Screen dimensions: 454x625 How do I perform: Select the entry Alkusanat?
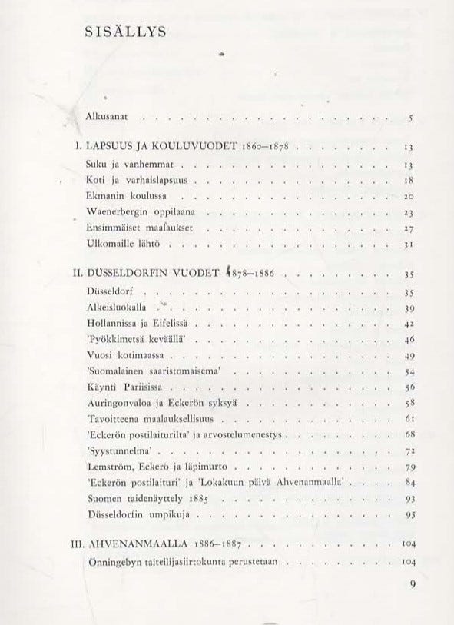[111, 118]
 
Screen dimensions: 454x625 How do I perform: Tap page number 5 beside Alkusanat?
[412, 119]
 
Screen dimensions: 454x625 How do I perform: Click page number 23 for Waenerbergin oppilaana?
[409, 212]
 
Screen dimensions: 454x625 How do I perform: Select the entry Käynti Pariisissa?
[126, 387]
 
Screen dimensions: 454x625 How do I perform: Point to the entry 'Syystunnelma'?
[120, 451]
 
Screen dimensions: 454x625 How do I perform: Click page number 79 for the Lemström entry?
[409, 468]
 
